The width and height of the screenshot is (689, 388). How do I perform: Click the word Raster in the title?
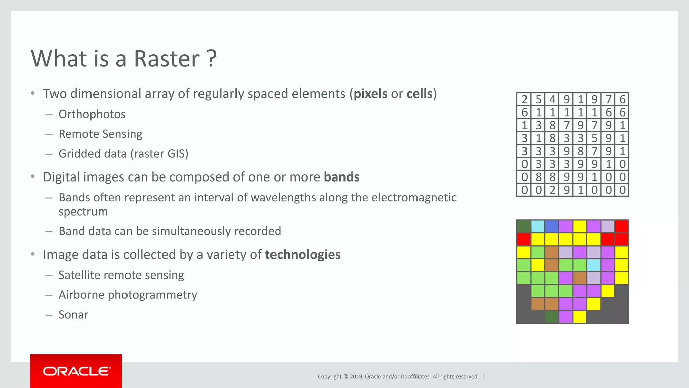167,59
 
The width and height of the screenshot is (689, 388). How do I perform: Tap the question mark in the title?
212,59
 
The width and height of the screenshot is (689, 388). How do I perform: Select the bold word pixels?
370,94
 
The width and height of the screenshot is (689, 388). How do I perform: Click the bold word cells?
419,94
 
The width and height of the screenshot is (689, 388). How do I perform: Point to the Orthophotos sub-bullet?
92,114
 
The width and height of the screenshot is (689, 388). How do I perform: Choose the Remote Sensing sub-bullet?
100,134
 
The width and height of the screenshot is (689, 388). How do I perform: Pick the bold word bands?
341,177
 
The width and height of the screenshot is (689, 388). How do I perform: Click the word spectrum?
83,212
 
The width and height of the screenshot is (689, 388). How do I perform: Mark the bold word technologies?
303,255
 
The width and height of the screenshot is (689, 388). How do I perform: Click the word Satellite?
79,275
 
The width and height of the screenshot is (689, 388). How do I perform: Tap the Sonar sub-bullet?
73,315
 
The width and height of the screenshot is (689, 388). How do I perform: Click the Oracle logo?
76,371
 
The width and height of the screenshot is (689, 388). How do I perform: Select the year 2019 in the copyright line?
356,377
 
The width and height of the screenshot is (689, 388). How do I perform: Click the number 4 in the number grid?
552,99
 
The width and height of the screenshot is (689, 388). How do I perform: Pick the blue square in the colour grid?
552,226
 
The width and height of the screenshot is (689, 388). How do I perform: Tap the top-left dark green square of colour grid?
523,226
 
